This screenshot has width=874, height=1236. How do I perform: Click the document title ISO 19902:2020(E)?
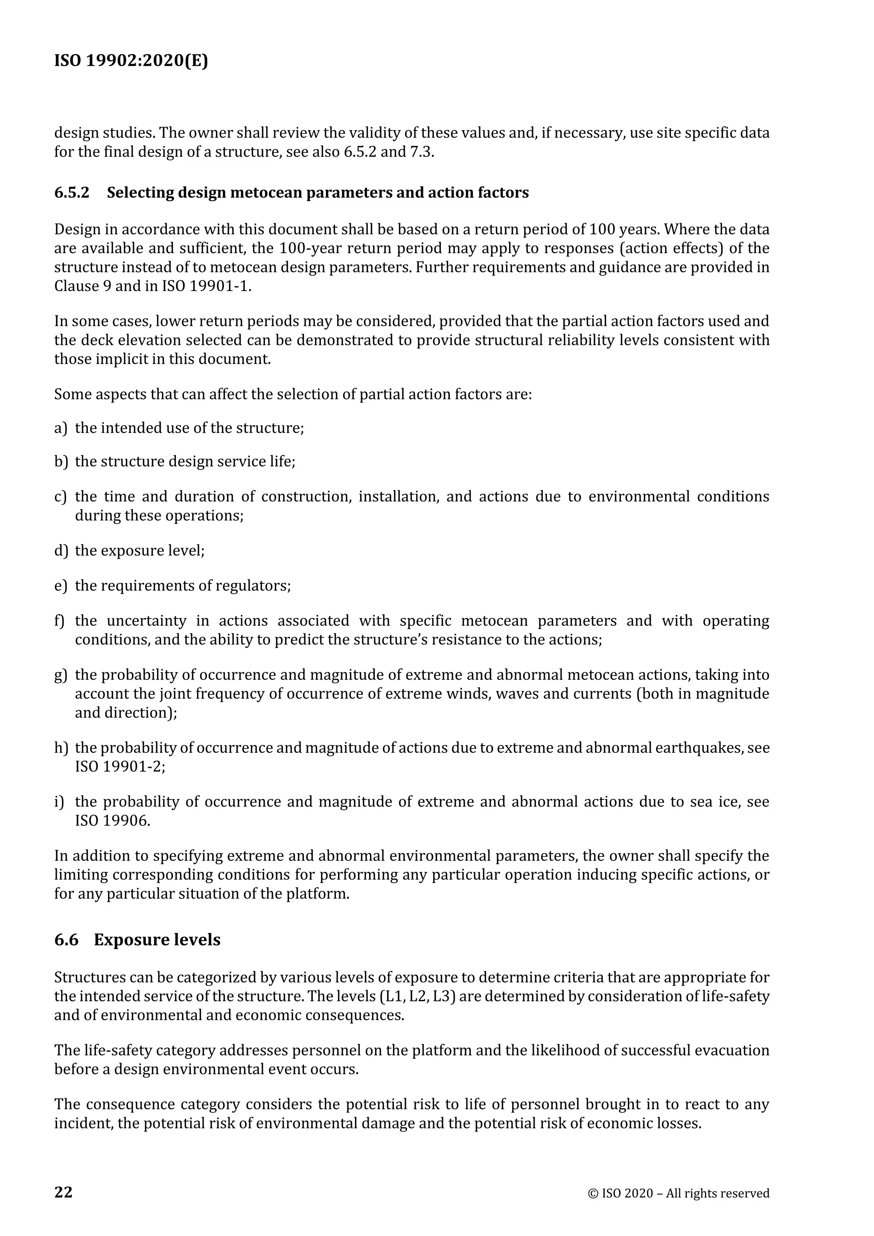point(131,61)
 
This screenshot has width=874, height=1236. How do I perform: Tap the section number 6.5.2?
point(72,193)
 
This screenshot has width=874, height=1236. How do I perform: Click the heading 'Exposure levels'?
point(157,940)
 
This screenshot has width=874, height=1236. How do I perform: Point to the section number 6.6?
point(66,940)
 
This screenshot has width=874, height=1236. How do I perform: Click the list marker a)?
point(61,428)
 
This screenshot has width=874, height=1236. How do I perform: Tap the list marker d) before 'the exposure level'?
point(61,551)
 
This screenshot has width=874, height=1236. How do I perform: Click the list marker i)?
point(59,802)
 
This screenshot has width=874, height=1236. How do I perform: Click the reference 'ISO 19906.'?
point(113,821)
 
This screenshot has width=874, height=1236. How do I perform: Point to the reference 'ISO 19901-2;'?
point(120,767)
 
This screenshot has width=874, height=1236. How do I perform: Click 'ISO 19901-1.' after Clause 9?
point(207,286)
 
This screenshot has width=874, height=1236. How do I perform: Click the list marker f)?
point(59,621)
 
